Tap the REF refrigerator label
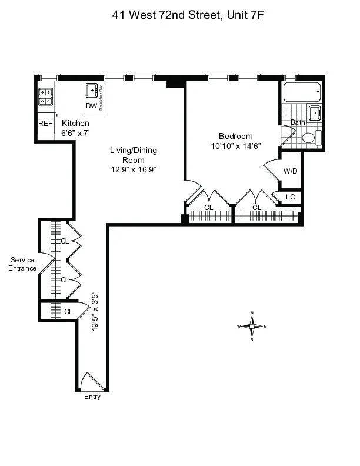[45, 124]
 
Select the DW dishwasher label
[91, 106]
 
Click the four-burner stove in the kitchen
[46, 96]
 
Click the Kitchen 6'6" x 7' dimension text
[75, 128]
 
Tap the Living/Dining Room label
[134, 155]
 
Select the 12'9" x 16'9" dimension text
[134, 169]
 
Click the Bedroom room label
[236, 135]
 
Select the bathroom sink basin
[315, 113]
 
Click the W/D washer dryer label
[291, 171]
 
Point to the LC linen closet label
[290, 197]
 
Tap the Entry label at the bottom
[92, 397]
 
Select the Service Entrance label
[22, 264]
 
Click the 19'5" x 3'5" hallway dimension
[95, 313]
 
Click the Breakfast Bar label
[101, 98]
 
